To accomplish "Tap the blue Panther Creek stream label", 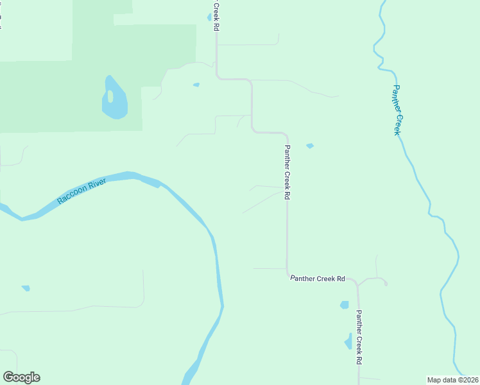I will (398, 110).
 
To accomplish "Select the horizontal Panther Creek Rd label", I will (318, 278).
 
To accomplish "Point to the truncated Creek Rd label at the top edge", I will (216, 15).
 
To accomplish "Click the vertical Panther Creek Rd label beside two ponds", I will (359, 337).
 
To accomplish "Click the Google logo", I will (21, 377).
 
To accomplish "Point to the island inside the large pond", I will (110, 96).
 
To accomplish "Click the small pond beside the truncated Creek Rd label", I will (210, 17).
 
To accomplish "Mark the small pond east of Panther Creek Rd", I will (310, 146).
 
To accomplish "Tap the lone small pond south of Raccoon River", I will (26, 288).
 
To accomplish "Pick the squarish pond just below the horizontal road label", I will (344, 305).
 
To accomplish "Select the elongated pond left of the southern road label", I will (348, 341).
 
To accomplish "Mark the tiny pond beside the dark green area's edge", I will (196, 85).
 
